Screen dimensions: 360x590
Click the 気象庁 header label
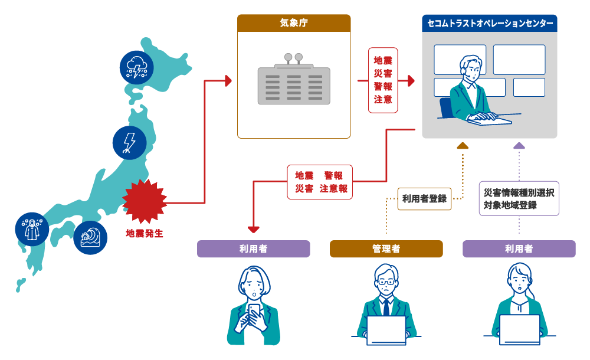294,24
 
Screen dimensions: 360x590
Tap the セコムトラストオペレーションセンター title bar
489,24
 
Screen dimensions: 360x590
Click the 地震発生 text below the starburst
145,234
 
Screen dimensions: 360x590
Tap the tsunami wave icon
91,238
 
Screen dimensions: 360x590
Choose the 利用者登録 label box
424,199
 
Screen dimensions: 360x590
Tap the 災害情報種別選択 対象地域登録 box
519,199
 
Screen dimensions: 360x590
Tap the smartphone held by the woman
254,313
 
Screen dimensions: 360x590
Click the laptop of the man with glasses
386,330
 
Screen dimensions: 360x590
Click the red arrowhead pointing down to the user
254,228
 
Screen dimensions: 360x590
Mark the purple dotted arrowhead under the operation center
519,145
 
